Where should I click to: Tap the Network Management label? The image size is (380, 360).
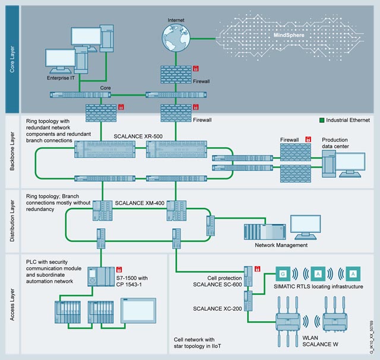281,245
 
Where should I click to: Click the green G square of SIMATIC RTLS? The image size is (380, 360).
283,274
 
